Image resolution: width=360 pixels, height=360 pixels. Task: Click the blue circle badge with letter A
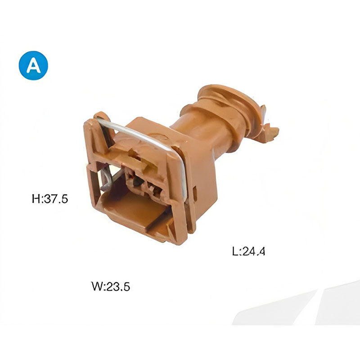pyautogui.click(x=33, y=65)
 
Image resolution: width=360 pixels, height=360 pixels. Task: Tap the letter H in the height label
pyautogui.click(x=36, y=198)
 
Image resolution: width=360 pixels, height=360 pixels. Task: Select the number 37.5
pyautogui.click(x=56, y=198)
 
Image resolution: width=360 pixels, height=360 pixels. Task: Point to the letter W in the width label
pyautogui.click(x=97, y=286)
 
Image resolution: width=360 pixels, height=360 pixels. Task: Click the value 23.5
pyautogui.click(x=118, y=286)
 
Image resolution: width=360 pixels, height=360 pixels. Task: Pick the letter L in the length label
pyautogui.click(x=235, y=251)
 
